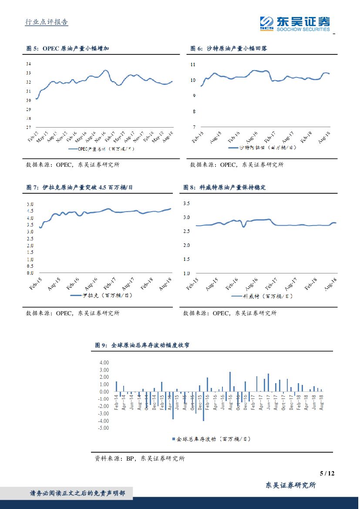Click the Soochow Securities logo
tap(295, 24)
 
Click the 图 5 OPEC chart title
tap(67, 48)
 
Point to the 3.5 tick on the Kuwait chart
tap(187, 203)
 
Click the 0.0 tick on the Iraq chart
tap(30, 273)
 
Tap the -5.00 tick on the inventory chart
tap(103, 428)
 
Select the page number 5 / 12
tap(326, 473)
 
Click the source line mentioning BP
tap(140, 458)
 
